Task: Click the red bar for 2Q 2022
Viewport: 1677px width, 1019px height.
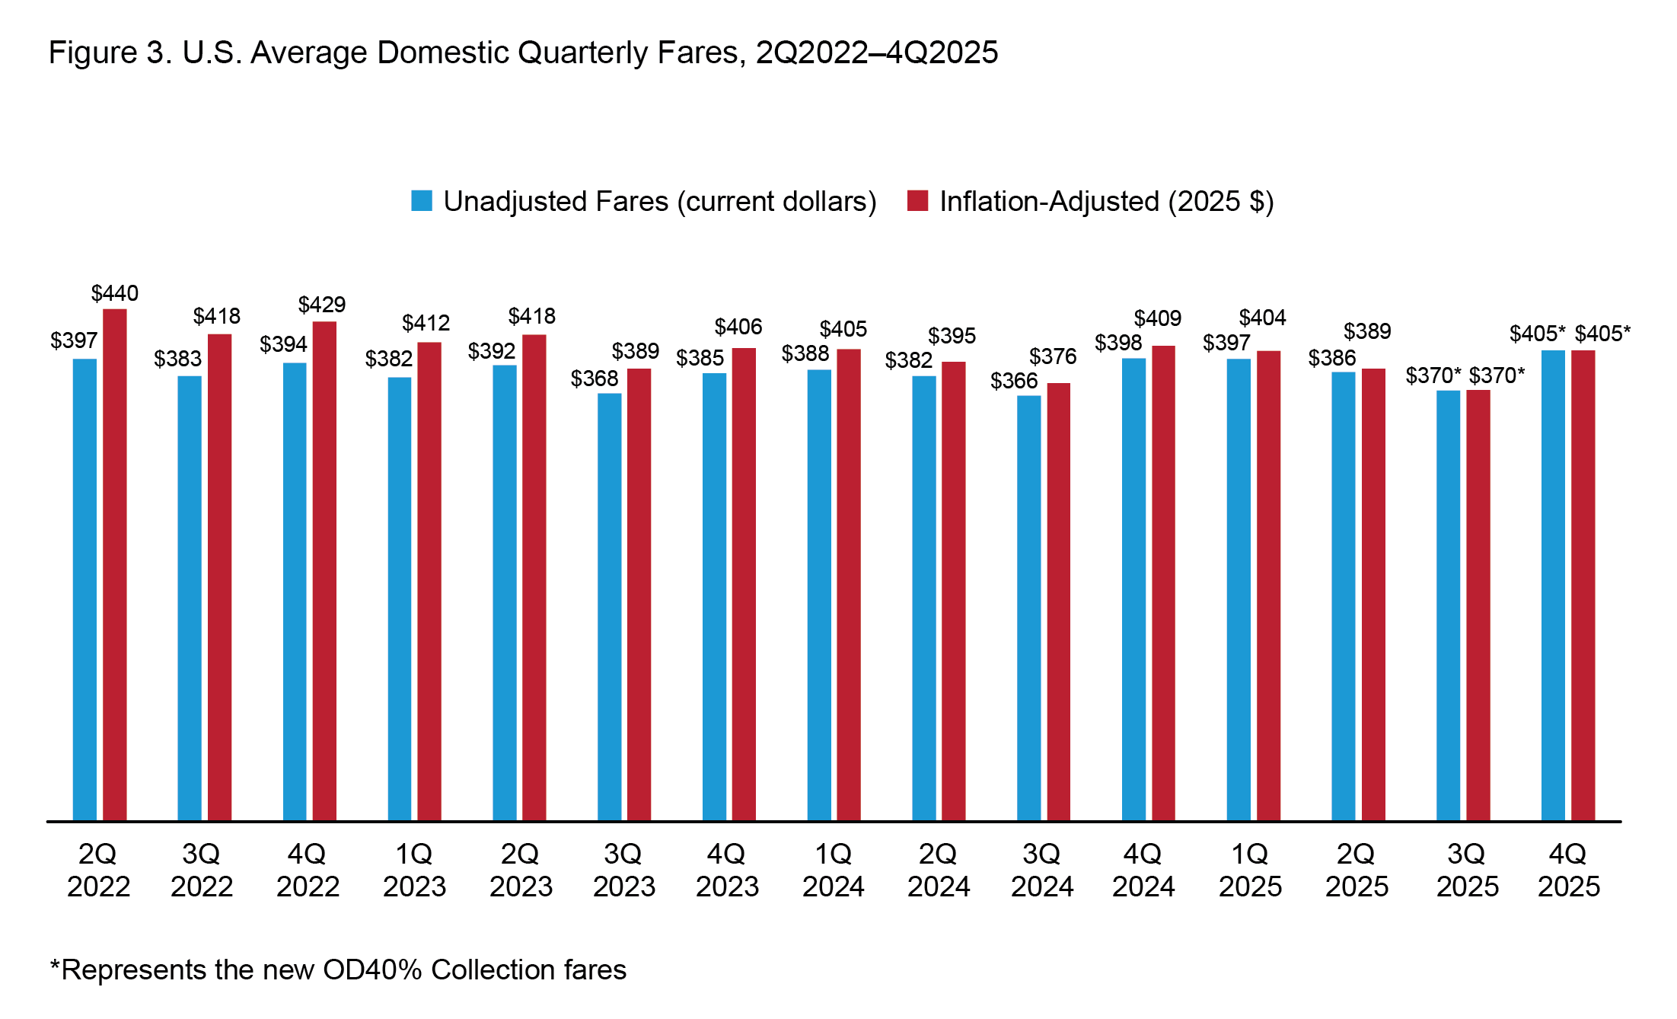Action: (x=115, y=564)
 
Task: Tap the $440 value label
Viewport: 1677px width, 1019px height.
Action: (x=115, y=293)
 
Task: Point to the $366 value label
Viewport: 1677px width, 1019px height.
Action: (x=1014, y=381)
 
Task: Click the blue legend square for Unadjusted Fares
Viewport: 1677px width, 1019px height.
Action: (x=422, y=201)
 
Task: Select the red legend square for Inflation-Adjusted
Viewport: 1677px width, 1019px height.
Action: (x=917, y=201)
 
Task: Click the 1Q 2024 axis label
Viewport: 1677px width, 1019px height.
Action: (x=833, y=870)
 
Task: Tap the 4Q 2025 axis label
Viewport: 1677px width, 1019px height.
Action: (x=1568, y=870)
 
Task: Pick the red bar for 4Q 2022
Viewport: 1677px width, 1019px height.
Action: (x=324, y=571)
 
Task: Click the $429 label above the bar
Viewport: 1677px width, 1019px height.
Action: (x=322, y=305)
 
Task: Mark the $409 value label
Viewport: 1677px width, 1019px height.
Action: (x=1157, y=318)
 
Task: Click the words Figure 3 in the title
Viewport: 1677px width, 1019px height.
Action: (x=106, y=53)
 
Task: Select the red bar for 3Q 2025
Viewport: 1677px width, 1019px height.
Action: (x=1478, y=605)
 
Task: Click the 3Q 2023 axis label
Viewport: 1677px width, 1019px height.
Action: (x=623, y=870)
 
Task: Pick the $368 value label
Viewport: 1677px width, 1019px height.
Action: (x=595, y=379)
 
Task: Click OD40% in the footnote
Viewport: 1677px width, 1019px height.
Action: (x=372, y=970)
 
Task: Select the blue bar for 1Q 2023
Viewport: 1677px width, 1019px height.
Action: (x=400, y=599)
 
